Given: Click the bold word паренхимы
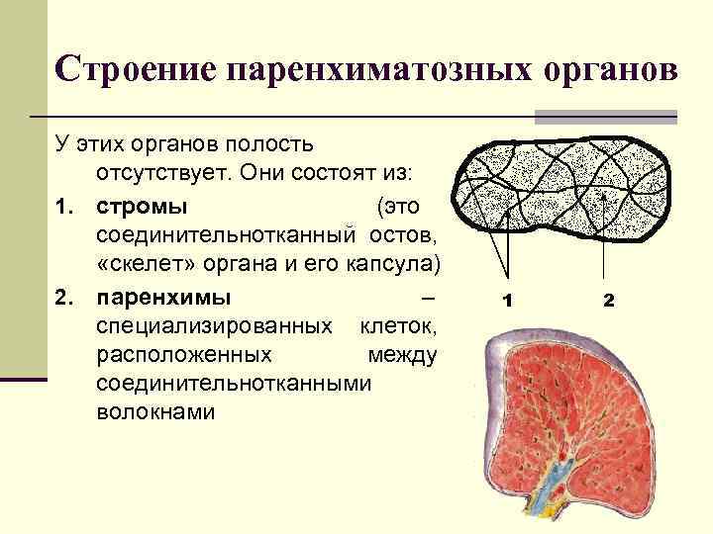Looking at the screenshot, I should click(x=162, y=296).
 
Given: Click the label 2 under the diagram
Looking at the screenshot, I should click(x=608, y=300).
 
